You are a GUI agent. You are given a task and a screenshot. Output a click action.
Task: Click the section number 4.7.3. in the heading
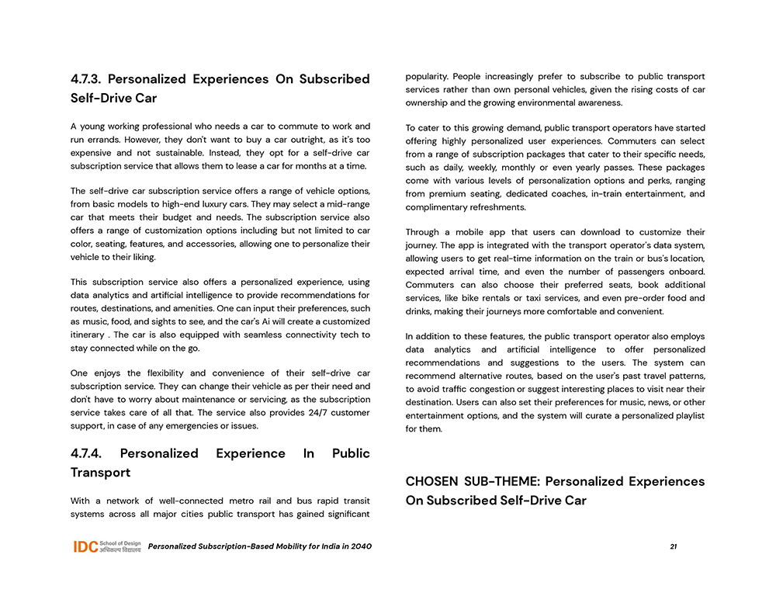pyautogui.click(x=86, y=79)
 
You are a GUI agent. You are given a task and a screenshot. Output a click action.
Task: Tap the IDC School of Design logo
pyautogui.click(x=107, y=546)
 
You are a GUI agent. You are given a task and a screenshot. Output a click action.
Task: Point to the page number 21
pyautogui.click(x=673, y=546)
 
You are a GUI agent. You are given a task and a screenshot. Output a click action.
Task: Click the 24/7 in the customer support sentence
pyautogui.click(x=306, y=412)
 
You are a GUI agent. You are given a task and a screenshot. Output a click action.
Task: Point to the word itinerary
pyautogui.click(x=87, y=335)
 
